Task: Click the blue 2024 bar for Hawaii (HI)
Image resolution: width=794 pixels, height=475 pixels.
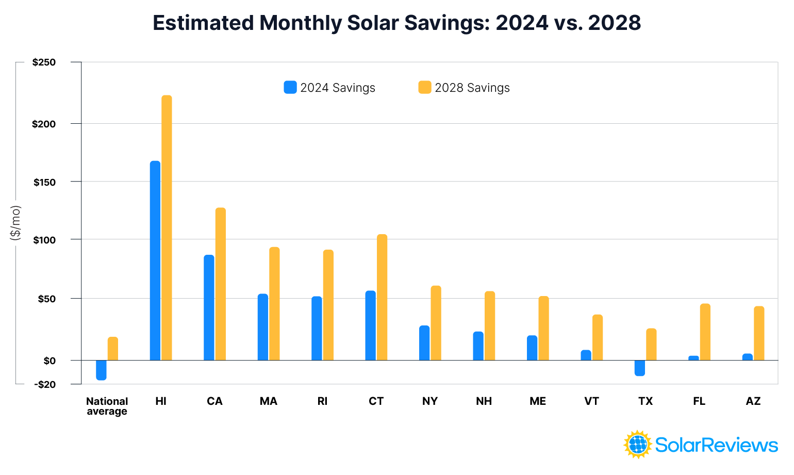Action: click(155, 260)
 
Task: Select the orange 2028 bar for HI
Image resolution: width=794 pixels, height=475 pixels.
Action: click(167, 227)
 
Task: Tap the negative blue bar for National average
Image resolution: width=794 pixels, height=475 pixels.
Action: click(101, 370)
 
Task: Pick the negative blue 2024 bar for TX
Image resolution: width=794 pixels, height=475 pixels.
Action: click(639, 368)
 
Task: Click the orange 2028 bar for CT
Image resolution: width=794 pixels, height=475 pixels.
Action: click(382, 297)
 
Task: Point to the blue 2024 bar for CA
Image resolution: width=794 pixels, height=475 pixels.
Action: click(209, 307)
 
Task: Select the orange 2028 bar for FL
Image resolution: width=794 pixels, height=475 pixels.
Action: click(705, 332)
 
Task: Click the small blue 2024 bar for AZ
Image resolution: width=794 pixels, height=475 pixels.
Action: click(747, 357)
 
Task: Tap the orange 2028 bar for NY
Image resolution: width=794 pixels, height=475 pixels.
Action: click(436, 323)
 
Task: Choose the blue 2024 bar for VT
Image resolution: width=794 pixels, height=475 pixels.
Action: click(586, 355)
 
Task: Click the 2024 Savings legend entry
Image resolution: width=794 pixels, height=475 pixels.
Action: click(329, 88)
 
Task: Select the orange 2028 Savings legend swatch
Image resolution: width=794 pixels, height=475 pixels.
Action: click(424, 87)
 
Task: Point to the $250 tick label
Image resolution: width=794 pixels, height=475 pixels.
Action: click(44, 62)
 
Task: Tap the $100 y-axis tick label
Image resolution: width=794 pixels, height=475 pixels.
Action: click(44, 240)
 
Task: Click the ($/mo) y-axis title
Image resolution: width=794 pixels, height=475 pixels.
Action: click(15, 222)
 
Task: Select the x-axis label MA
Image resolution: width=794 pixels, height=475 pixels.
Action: click(269, 401)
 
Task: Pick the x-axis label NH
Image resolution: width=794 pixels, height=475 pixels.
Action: click(484, 401)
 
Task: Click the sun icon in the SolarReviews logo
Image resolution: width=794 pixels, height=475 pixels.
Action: click(638, 444)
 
